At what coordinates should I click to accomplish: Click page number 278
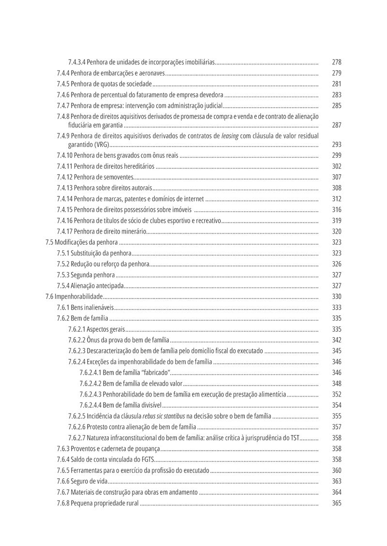(337, 62)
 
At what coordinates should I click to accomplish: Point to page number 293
(337, 145)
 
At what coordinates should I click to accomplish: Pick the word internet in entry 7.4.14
(192, 199)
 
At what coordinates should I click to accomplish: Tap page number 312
(337, 199)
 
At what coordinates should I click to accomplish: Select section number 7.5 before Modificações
(49, 242)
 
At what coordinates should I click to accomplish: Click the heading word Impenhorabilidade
(79, 296)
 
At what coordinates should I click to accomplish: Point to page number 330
(337, 296)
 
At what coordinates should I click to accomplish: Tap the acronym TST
(295, 438)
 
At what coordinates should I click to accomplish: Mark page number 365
(337, 503)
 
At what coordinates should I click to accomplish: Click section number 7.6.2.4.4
(90, 405)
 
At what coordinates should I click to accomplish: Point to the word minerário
(132, 232)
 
